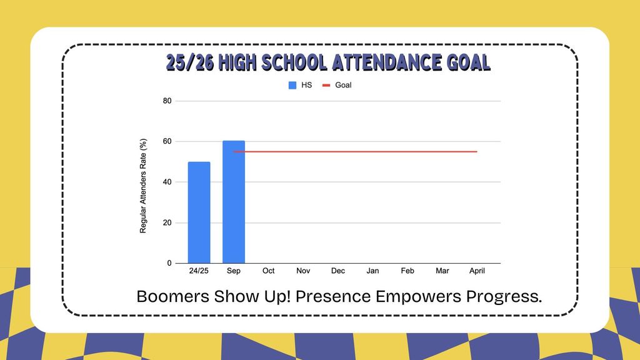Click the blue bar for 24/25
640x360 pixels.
[x=199, y=212]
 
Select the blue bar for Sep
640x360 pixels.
[x=234, y=202]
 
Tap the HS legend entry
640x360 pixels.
[x=300, y=85]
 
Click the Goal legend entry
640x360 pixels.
[x=337, y=85]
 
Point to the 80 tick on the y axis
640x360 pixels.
[x=167, y=101]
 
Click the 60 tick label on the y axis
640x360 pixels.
[x=167, y=141]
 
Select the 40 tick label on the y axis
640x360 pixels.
[x=167, y=182]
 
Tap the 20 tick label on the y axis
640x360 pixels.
[x=167, y=223]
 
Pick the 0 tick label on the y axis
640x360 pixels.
[x=169, y=263]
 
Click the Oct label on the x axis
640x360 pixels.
[x=269, y=271]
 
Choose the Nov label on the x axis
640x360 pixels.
[x=303, y=271]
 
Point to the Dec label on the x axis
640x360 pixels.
[x=338, y=271]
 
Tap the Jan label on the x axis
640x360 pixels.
[x=372, y=271]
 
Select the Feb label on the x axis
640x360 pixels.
[x=407, y=271]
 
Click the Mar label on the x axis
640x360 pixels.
[x=442, y=271]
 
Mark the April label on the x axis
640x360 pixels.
[x=477, y=271]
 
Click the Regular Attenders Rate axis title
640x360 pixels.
[x=143, y=186]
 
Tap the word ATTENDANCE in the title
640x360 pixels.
[x=386, y=63]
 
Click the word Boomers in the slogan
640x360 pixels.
[x=172, y=296]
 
